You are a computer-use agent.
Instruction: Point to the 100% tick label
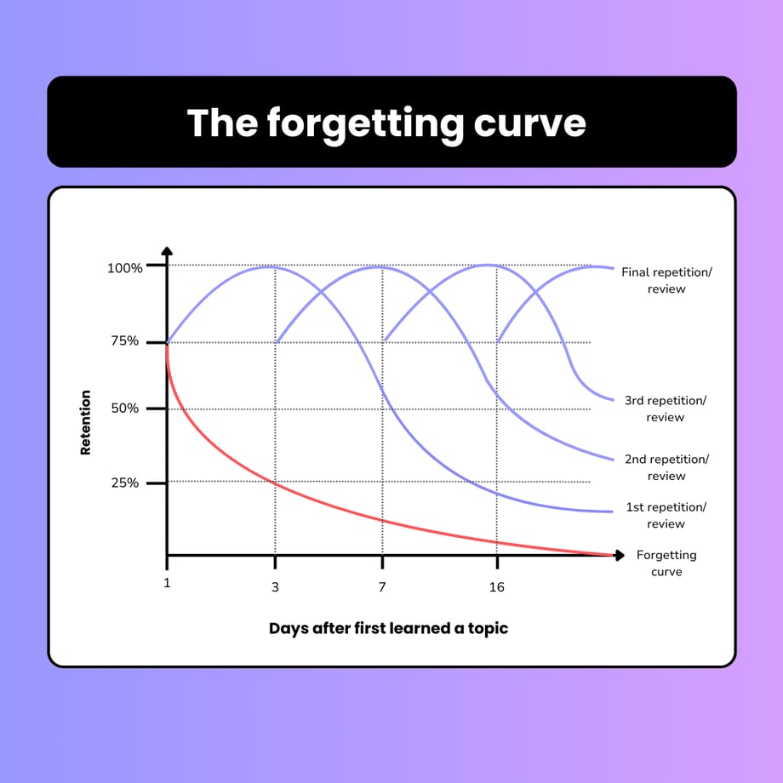point(124,268)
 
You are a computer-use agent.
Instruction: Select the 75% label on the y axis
point(126,342)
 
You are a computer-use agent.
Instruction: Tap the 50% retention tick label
point(125,409)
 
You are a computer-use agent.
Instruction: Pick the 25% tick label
point(125,483)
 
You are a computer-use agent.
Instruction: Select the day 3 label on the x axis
point(275,587)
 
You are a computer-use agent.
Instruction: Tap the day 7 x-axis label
point(382,587)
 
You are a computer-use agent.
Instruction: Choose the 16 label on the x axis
point(496,587)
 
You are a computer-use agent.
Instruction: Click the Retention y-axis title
point(85,423)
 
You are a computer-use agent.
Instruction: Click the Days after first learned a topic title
point(388,629)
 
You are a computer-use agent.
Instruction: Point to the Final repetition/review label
point(666,281)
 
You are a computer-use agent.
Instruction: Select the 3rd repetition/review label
point(666,409)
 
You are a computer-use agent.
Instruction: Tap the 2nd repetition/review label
point(666,467)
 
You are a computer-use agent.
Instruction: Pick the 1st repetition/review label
point(666,516)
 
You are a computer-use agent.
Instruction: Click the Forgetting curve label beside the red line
point(666,563)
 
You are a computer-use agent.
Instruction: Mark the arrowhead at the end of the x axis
point(618,555)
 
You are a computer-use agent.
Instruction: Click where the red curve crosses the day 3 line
point(275,483)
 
